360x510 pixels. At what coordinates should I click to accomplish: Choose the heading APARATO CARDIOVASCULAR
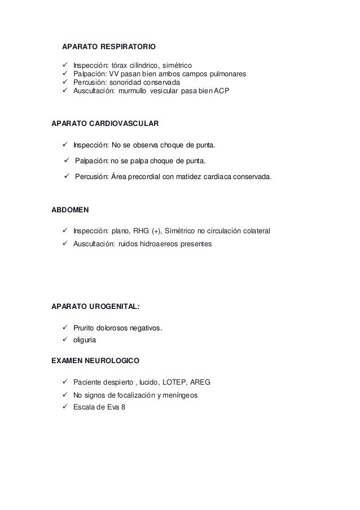pyautogui.click(x=105, y=123)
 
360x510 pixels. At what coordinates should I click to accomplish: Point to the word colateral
pyautogui.click(x=254, y=231)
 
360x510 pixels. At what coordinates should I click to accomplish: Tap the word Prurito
pyautogui.click(x=86, y=329)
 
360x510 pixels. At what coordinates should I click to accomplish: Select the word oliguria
pyautogui.click(x=85, y=341)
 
